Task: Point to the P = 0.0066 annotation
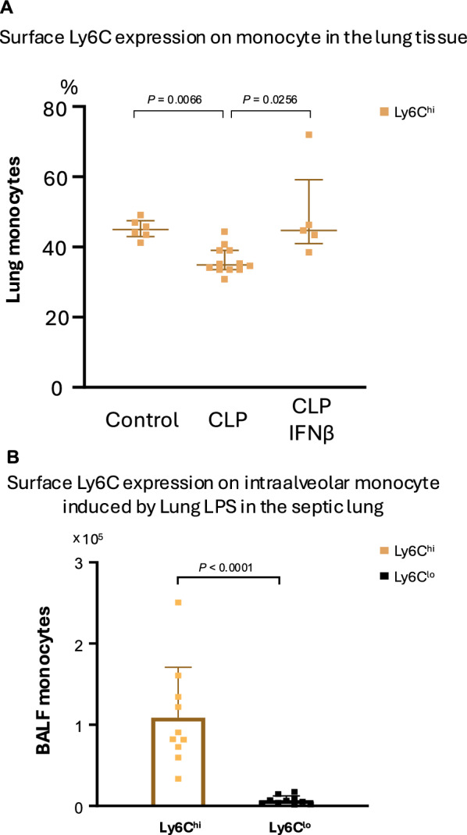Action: (x=175, y=99)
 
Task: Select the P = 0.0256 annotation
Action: (x=270, y=99)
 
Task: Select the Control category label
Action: (x=142, y=421)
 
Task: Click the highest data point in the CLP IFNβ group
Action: (x=308, y=134)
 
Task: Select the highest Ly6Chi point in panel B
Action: (x=178, y=602)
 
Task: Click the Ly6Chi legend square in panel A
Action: (x=383, y=111)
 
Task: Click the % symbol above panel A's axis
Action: (x=69, y=86)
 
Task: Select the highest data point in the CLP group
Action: (x=225, y=232)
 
